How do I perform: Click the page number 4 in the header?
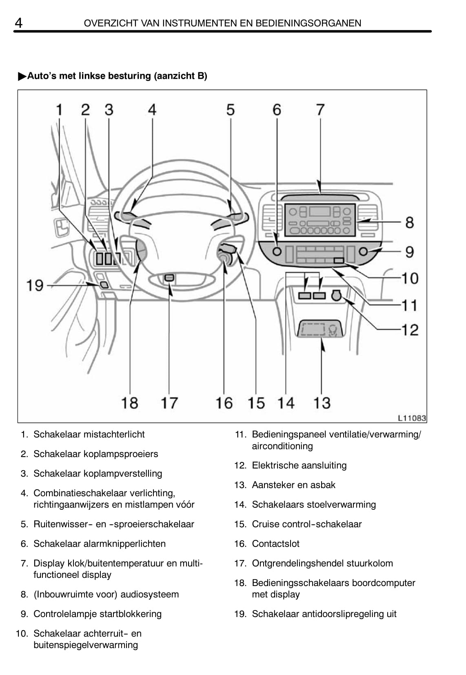18,22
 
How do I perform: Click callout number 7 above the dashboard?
320,110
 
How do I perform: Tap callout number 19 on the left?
35,285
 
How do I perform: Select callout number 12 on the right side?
410,329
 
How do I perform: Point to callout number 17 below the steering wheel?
169,403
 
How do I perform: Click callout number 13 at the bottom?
322,403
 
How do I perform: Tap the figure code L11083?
412,418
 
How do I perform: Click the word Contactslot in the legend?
275,544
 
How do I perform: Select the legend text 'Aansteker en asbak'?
293,485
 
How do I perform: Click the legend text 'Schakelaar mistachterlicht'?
89,434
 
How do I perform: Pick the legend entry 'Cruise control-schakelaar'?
306,524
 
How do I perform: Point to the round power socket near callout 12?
336,295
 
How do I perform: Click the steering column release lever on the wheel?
169,278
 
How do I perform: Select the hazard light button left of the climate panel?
277,251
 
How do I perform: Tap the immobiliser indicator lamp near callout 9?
363,251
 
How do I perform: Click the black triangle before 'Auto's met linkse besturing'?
22,76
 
